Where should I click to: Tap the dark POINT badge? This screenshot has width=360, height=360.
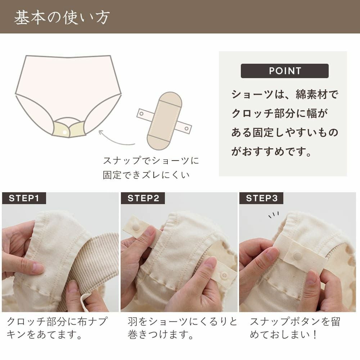coord(284,71)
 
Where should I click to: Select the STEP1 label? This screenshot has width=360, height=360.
coord(24,198)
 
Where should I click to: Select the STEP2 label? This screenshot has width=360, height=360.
coord(143,198)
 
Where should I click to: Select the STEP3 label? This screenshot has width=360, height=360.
coord(261,198)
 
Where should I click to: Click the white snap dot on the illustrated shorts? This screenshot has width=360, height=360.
coord(65,132)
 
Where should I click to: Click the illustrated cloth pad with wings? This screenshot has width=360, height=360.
coord(164,121)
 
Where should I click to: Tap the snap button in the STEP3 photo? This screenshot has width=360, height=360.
coord(297,256)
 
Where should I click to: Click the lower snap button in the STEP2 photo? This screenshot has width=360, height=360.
coord(224,275)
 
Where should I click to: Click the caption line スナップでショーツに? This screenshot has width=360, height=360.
coord(151,161)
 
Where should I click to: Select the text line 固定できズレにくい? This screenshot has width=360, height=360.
coord(146,175)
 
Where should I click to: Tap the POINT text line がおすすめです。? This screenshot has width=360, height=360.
coord(271,152)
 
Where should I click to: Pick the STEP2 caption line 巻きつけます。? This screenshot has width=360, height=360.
coord(161,336)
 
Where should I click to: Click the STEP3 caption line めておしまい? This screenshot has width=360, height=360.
coord(284,336)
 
